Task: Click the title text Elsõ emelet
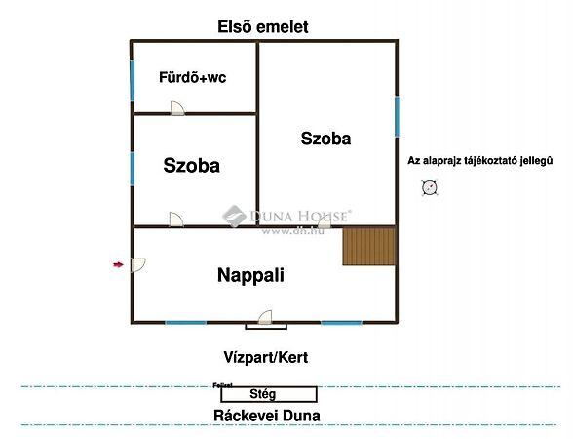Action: [x=262, y=27]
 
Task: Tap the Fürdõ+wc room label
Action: [x=193, y=77]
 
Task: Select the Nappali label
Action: [x=250, y=275]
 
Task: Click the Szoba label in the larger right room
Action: [x=325, y=139]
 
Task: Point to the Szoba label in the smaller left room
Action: [x=191, y=166]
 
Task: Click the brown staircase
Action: [x=368, y=246]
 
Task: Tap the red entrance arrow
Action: [x=118, y=264]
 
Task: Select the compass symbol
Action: [x=429, y=187]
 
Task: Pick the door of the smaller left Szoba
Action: [x=174, y=220]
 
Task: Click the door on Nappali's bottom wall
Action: [x=265, y=317]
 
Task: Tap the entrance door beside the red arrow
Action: [x=138, y=264]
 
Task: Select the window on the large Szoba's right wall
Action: [x=397, y=116]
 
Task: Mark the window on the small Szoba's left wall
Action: [x=132, y=169]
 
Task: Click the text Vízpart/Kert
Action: [x=264, y=358]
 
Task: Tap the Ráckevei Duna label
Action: [x=267, y=416]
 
